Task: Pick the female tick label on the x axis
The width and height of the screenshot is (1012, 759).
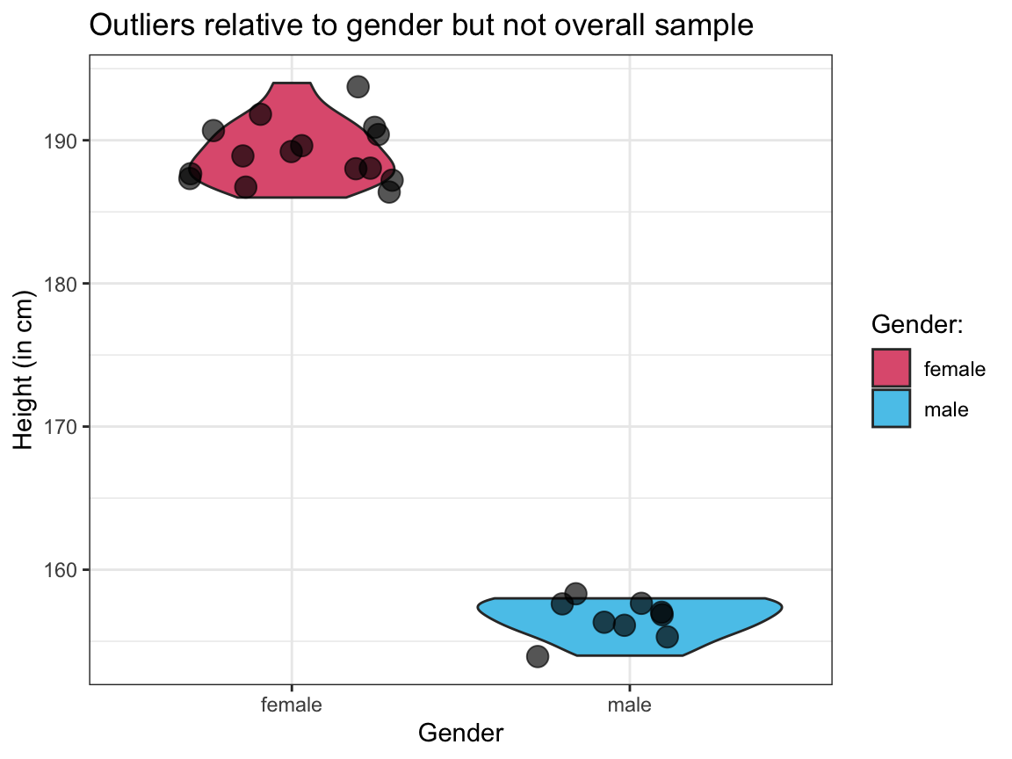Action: tap(292, 705)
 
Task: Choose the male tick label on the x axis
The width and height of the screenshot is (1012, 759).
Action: tap(629, 705)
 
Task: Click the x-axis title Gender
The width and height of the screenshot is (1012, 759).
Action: tap(460, 733)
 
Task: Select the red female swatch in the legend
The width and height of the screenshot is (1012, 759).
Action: tap(892, 368)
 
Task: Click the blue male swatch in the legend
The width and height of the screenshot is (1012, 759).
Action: tap(892, 408)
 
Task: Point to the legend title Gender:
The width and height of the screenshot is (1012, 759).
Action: tap(917, 325)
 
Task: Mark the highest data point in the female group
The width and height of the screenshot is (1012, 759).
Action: tap(358, 86)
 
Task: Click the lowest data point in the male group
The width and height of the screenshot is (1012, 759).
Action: tap(538, 656)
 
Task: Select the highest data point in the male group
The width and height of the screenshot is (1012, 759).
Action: tap(575, 593)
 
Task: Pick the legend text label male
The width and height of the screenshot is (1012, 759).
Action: tap(946, 408)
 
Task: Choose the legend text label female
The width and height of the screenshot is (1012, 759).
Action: tap(954, 369)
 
